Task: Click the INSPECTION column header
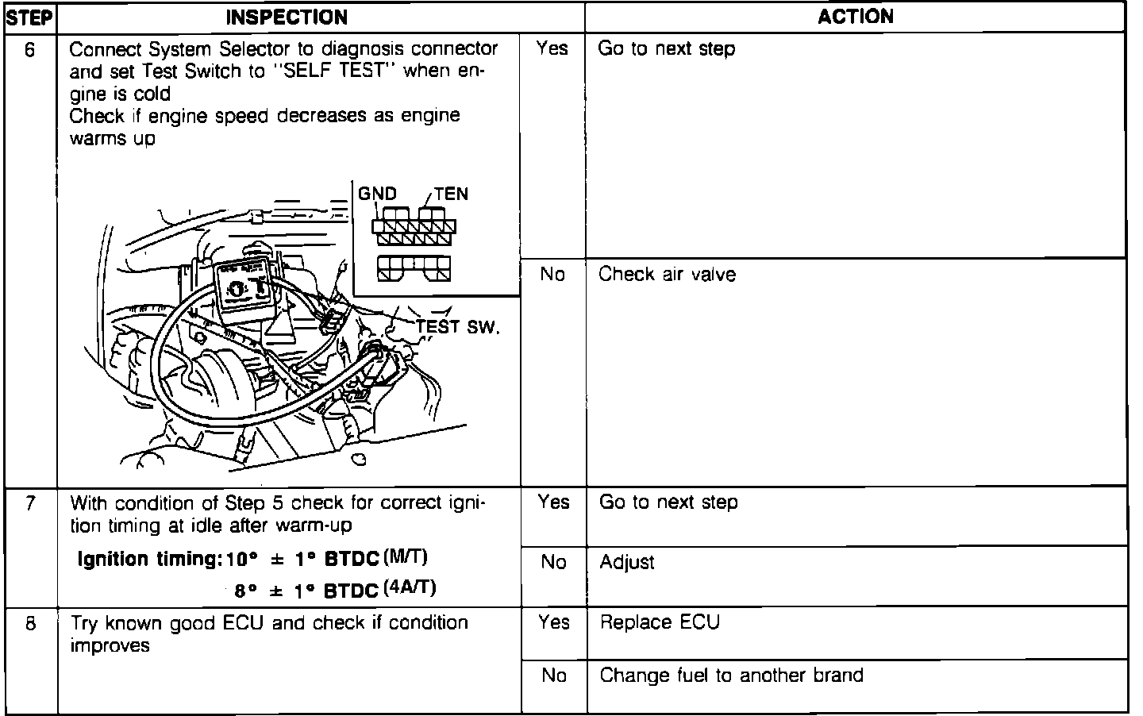[x=287, y=17]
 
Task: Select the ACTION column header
[x=856, y=17]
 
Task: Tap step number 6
[x=29, y=49]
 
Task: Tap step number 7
[x=29, y=503]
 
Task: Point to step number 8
[x=29, y=624]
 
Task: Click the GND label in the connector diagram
[x=377, y=193]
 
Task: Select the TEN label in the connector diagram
[x=451, y=194]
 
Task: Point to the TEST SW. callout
[x=458, y=326]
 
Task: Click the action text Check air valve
[x=667, y=275]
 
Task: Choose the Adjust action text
[x=627, y=563]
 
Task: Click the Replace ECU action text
[x=660, y=622]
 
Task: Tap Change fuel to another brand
[x=731, y=676]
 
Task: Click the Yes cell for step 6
[x=552, y=49]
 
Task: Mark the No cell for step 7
[x=553, y=563]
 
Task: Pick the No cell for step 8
[x=553, y=676]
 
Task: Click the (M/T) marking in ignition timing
[x=405, y=556]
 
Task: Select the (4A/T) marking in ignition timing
[x=409, y=588]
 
